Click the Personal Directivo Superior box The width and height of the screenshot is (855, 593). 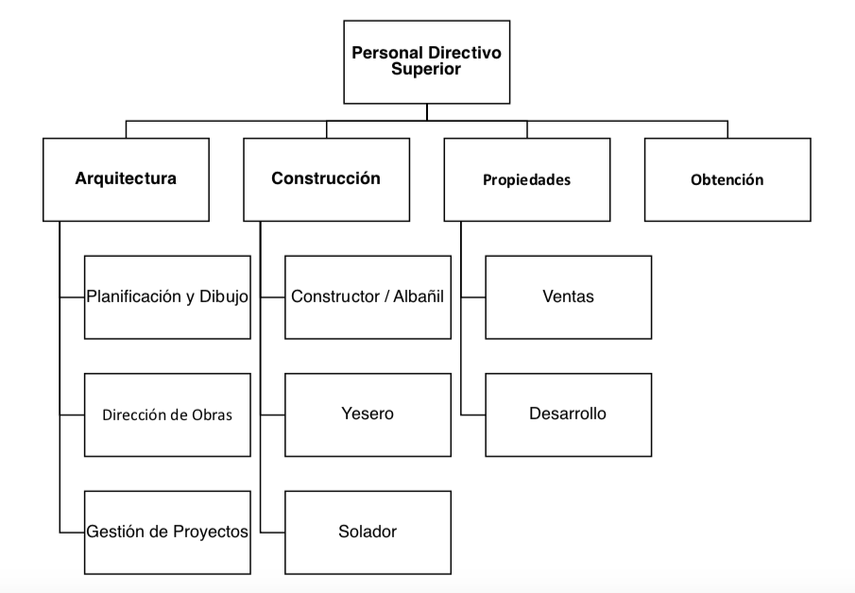(426, 62)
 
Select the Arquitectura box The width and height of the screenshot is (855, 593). (126, 179)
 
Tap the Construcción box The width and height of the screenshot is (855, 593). (327, 179)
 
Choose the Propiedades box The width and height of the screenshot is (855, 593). (527, 179)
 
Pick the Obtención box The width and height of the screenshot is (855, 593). (727, 179)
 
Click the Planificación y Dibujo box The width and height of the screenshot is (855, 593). (167, 297)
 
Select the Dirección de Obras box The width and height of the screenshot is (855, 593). (167, 415)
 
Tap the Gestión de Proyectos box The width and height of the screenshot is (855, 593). (167, 533)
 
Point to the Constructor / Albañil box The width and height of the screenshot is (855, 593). (368, 297)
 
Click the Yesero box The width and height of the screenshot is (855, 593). (368, 415)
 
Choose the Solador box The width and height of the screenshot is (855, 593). (368, 533)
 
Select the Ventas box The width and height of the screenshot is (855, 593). (568, 297)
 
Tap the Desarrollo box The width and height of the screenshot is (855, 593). (568, 415)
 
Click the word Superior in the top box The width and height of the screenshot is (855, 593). (426, 69)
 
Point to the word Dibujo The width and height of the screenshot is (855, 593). (224, 296)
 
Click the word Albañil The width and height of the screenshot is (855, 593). (419, 296)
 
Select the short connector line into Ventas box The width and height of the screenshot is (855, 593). (472, 297)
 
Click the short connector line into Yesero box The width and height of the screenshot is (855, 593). (272, 415)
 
